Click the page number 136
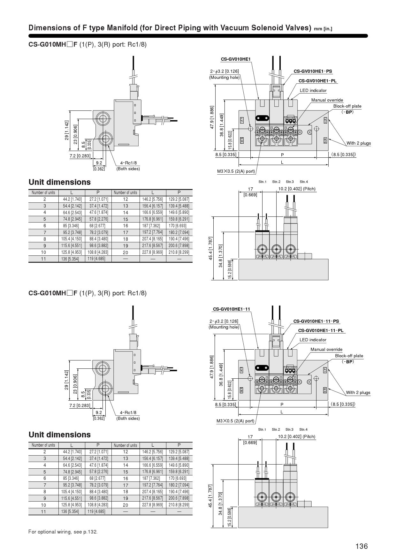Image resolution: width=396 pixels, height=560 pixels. pos(362,546)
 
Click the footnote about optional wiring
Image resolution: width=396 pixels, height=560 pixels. pos(63,532)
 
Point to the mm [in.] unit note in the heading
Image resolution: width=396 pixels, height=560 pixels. pos(323,29)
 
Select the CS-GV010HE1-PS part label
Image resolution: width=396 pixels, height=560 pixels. pos(313,71)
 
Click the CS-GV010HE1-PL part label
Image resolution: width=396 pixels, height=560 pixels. pos(317,81)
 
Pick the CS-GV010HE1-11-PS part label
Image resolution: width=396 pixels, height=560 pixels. pos(316,321)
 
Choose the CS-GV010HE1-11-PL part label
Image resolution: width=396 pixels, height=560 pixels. pos(321,330)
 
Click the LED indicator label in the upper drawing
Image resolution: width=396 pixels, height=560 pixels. pos(313,90)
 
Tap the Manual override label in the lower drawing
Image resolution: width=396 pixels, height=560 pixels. pos(326,349)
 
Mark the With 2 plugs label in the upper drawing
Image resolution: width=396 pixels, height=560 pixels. pos(359,143)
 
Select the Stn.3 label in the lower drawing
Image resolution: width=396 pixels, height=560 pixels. pos(289,429)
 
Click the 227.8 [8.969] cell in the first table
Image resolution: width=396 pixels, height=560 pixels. pos(153,252)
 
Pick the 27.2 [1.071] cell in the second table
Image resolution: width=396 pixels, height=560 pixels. pos(98,452)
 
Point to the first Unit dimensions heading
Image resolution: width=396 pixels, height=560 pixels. pos(60,182)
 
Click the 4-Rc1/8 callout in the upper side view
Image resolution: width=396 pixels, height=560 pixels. pos(128,163)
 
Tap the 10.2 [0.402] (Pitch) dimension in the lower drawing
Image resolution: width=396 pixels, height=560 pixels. pos(297,436)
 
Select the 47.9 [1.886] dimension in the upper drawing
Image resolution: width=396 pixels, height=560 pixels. pos(212,117)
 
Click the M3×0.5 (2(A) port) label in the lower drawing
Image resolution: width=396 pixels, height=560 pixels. pos(235,421)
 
